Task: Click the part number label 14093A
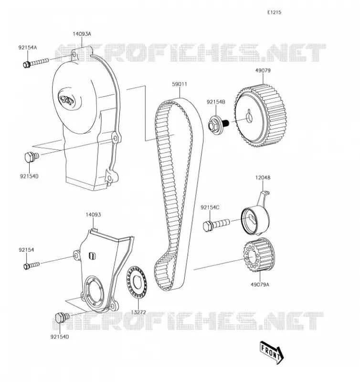click(82, 34)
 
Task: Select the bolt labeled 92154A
click(36, 63)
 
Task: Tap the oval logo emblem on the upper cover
click(66, 99)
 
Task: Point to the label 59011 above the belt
click(180, 84)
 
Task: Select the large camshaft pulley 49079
click(260, 116)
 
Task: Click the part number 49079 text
click(263, 70)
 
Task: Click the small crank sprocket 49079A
click(259, 255)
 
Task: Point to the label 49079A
click(260, 284)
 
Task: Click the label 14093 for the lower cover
click(93, 214)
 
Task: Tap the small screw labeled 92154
click(32, 265)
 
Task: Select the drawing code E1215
click(274, 12)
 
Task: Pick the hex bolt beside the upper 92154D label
click(32, 157)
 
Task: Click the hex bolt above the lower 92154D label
click(63, 318)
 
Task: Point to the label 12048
click(263, 178)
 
